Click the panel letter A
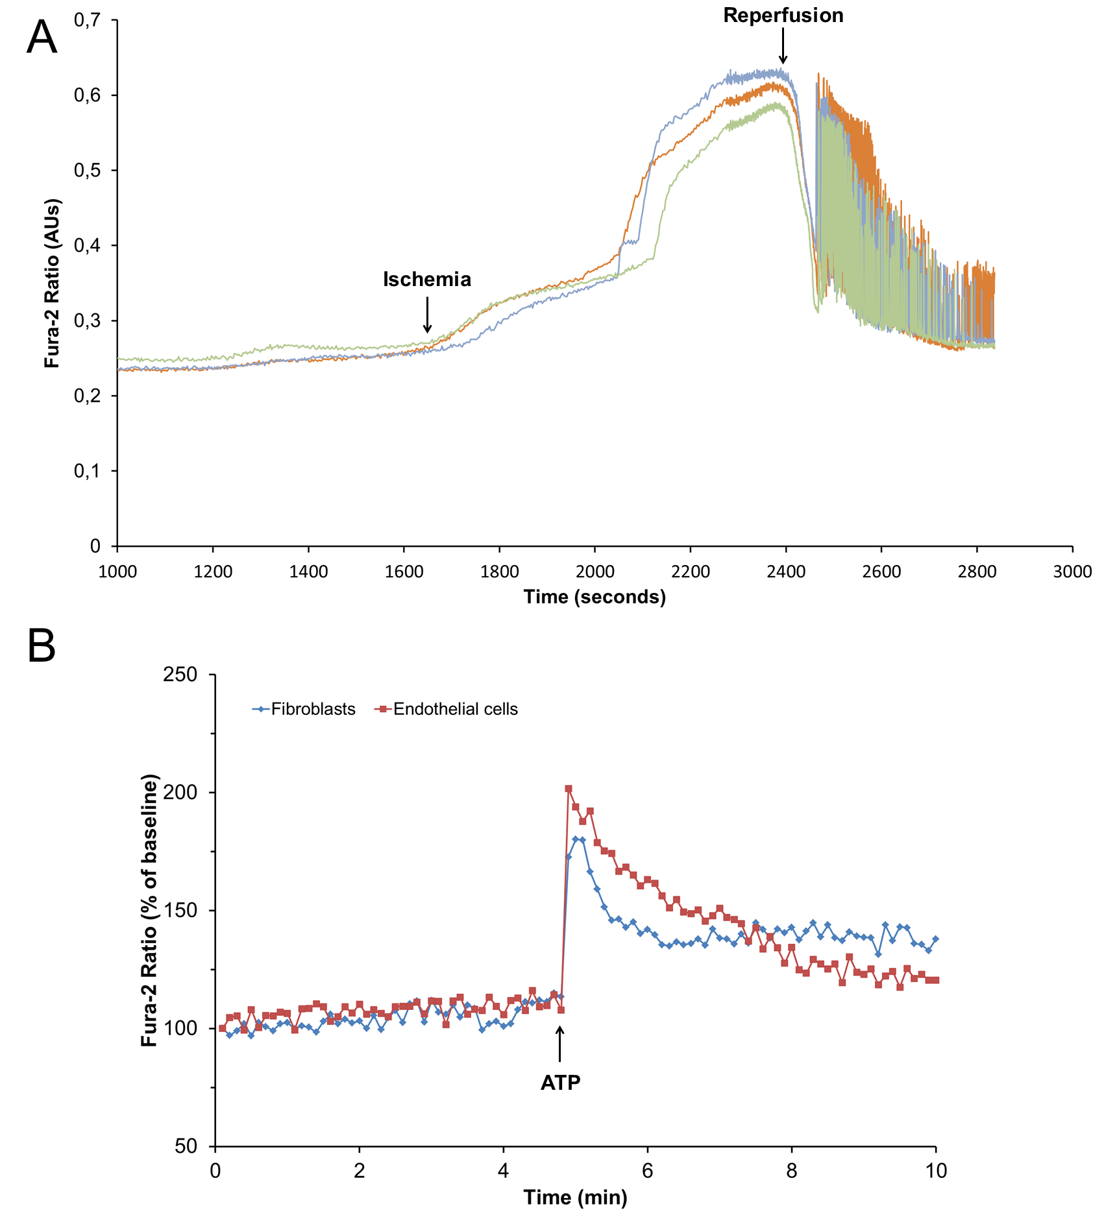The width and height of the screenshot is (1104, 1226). [x=42, y=38]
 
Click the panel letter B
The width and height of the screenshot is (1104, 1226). [x=42, y=647]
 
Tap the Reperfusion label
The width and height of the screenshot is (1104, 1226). [x=783, y=16]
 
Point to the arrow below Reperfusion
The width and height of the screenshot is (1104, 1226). [x=783, y=49]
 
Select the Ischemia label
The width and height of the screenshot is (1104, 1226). [x=426, y=280]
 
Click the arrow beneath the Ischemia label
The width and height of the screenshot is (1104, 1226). [x=427, y=315]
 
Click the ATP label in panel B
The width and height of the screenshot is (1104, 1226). [x=560, y=1083]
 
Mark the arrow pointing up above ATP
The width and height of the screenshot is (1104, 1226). [x=559, y=1045]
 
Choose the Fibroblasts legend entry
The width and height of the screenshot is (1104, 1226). [x=304, y=709]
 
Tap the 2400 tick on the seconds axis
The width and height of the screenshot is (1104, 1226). [x=786, y=571]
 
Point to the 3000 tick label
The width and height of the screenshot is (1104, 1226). [x=1072, y=571]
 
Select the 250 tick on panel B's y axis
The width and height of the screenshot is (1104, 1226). [x=184, y=675]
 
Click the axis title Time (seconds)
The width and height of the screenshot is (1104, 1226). [x=595, y=597]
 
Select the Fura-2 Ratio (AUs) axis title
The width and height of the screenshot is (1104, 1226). [x=52, y=283]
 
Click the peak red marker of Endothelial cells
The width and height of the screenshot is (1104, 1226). [x=569, y=789]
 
